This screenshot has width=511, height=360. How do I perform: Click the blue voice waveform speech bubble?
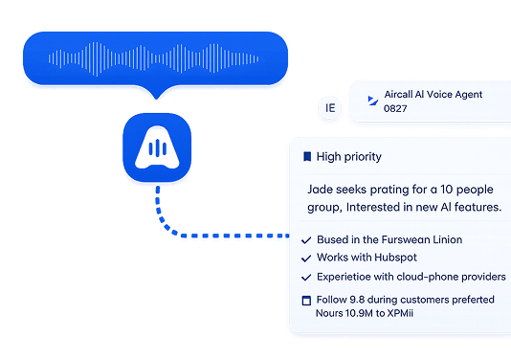click(x=155, y=58)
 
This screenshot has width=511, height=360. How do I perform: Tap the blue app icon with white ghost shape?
click(x=157, y=147)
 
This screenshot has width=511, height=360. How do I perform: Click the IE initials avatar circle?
click(x=330, y=107)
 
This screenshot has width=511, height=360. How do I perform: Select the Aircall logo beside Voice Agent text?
click(x=372, y=101)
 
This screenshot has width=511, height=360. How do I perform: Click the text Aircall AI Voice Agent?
click(x=433, y=94)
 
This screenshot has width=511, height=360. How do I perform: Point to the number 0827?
click(x=395, y=108)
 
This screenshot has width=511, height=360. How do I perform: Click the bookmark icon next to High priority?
click(x=307, y=156)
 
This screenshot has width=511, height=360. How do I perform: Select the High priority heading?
click(x=348, y=157)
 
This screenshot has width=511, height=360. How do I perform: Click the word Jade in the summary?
click(x=321, y=190)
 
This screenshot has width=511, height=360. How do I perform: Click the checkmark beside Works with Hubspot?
click(x=306, y=259)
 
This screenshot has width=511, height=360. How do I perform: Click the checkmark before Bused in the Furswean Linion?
click(x=306, y=240)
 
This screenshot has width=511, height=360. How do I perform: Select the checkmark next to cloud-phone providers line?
click(x=306, y=277)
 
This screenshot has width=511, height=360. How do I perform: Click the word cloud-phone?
click(x=428, y=277)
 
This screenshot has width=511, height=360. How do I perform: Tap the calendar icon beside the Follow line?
click(x=306, y=301)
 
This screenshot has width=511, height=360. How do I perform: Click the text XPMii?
click(x=400, y=313)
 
